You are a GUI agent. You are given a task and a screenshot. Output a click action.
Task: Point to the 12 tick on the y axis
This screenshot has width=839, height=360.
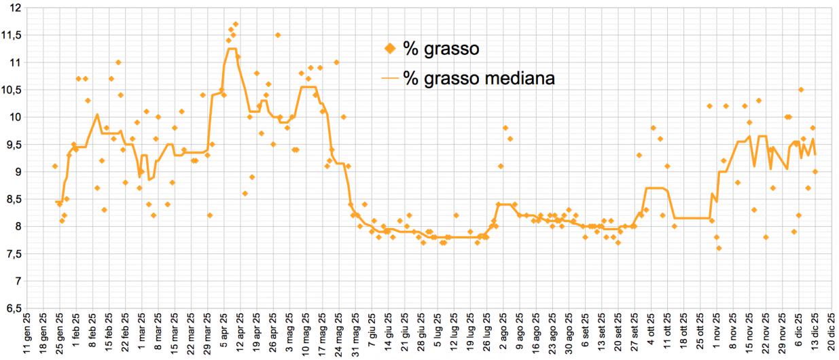tap(16, 7)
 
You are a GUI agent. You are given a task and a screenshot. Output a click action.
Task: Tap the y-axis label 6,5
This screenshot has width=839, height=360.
tap(14, 308)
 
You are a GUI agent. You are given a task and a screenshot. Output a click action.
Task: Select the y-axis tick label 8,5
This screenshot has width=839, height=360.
tap(14, 199)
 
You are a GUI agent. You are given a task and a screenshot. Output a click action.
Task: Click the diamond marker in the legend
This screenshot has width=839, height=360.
tap(389, 48)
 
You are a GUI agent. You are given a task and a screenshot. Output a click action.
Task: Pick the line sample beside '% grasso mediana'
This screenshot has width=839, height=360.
tap(388, 78)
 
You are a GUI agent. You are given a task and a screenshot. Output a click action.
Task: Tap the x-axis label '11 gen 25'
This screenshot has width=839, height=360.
tap(26, 334)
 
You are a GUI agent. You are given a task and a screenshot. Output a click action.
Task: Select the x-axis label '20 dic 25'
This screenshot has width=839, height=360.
tap(829, 334)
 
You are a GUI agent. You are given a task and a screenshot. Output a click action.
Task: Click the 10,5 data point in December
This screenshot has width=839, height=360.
tap(801, 90)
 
